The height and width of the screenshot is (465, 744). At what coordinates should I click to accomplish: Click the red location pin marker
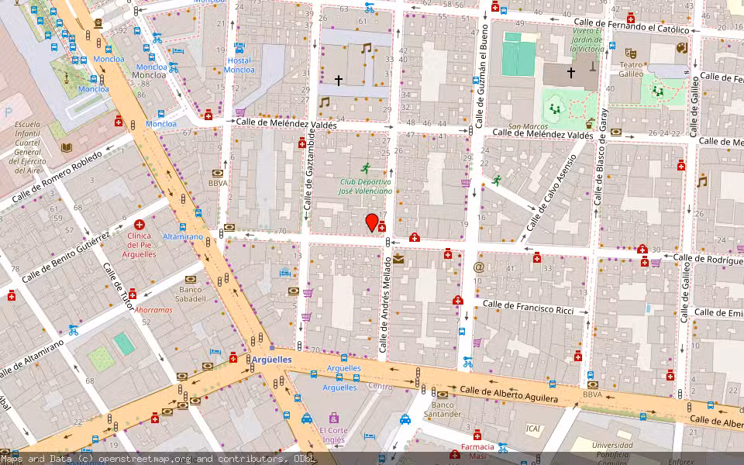pos(372,222)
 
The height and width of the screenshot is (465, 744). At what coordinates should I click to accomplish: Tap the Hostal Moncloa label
pos(239,65)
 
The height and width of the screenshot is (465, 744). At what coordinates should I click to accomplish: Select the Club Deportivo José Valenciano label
pos(365,186)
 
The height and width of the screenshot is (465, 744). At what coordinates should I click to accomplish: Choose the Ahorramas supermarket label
pos(153,309)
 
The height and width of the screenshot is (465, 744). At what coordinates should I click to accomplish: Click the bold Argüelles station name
pos(272,360)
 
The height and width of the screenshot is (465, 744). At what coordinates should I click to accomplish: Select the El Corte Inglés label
pos(334,435)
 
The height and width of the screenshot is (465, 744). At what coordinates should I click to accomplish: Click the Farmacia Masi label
pos(477,451)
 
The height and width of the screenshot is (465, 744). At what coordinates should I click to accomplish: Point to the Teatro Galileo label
pos(632,70)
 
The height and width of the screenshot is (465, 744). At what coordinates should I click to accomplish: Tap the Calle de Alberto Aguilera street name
pos(508,394)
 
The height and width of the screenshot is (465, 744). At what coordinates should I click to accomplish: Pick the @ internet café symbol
pos(478,267)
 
